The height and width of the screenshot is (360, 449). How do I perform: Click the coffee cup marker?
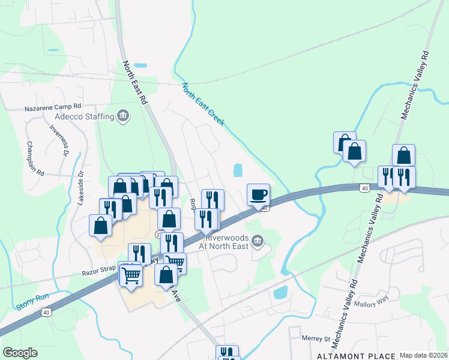coord(258,195)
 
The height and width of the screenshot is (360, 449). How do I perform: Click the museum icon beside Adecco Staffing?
coord(123,115)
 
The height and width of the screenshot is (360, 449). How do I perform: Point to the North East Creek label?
coord(203,104)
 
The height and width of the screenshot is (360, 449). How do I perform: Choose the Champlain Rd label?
coord(35,158)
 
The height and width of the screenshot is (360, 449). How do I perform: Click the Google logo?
coord(20,353)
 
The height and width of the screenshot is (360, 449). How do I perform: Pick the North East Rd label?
coord(135,83)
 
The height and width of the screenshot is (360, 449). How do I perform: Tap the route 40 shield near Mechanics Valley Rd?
coord(364,188)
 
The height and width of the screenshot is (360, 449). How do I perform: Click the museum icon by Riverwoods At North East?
coord(258,241)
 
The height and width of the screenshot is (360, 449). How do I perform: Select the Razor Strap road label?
coord(98,272)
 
